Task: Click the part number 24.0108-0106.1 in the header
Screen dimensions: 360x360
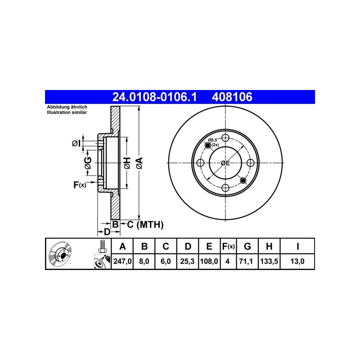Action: tap(154, 97)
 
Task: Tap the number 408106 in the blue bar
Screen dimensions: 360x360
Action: tap(232, 97)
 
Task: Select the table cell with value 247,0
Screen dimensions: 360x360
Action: tap(122, 261)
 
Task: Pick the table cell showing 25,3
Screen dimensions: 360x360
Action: tap(187, 261)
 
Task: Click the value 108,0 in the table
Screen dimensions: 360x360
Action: tap(209, 261)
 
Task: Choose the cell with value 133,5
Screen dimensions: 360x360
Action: tap(269, 261)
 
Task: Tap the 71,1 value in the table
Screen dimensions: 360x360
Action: tap(247, 261)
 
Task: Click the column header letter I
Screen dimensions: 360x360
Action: tap(297, 246)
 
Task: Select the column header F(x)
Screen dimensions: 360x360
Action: tap(228, 246)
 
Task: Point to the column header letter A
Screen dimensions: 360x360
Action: tap(122, 246)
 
